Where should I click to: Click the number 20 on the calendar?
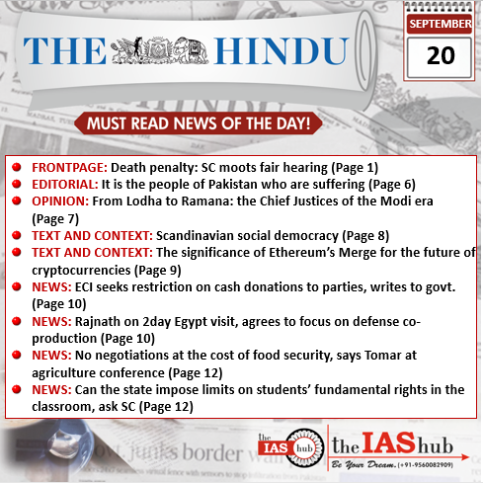(x=441, y=55)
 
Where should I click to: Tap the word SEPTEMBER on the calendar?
(x=441, y=23)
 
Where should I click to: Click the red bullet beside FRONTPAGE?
(x=17, y=167)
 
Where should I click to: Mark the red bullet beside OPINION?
(x=17, y=201)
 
